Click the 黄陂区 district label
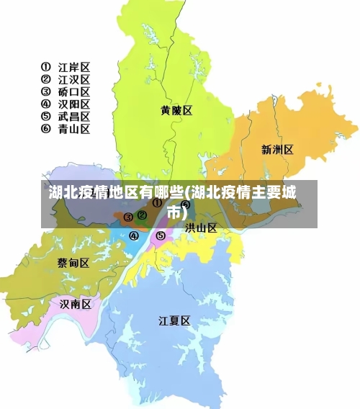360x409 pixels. click(x=176, y=111)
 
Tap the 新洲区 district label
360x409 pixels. click(x=277, y=150)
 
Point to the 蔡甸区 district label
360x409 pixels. click(x=73, y=263)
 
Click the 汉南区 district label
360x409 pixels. click(x=76, y=304)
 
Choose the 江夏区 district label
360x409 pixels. click(x=174, y=320)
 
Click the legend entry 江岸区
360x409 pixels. click(x=74, y=67)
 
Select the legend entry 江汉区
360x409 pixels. click(x=74, y=79)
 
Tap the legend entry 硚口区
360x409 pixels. click(x=74, y=91)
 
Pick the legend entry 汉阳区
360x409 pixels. click(x=74, y=104)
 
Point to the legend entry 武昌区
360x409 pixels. click(x=74, y=116)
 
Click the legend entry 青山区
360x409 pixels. click(x=74, y=129)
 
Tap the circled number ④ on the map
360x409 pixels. click(x=134, y=235)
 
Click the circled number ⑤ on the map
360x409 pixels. click(x=161, y=235)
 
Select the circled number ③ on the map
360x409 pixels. click(x=128, y=217)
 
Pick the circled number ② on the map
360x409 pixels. click(x=142, y=215)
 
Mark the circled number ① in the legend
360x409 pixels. click(x=45, y=67)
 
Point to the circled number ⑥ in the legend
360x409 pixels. click(x=45, y=129)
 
